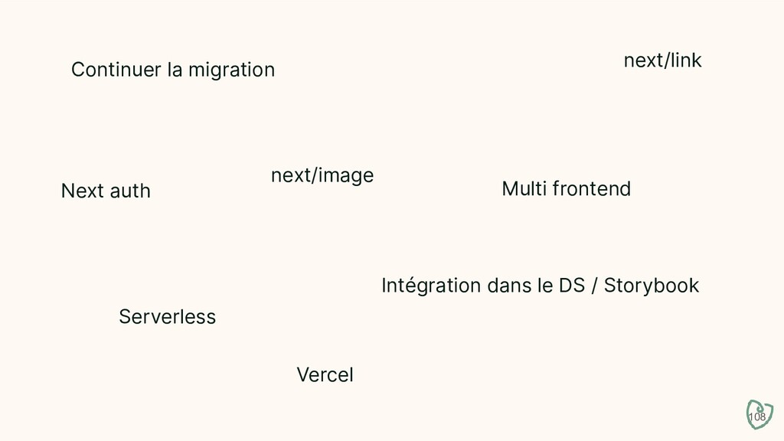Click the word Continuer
pos(116,70)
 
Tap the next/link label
pos(662,60)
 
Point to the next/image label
pos(322,176)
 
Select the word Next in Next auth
pos(81,191)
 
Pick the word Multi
pos(522,188)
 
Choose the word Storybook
pos(652,286)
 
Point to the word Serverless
pos(167,316)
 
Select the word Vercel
pos(325,375)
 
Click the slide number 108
pos(756,417)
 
